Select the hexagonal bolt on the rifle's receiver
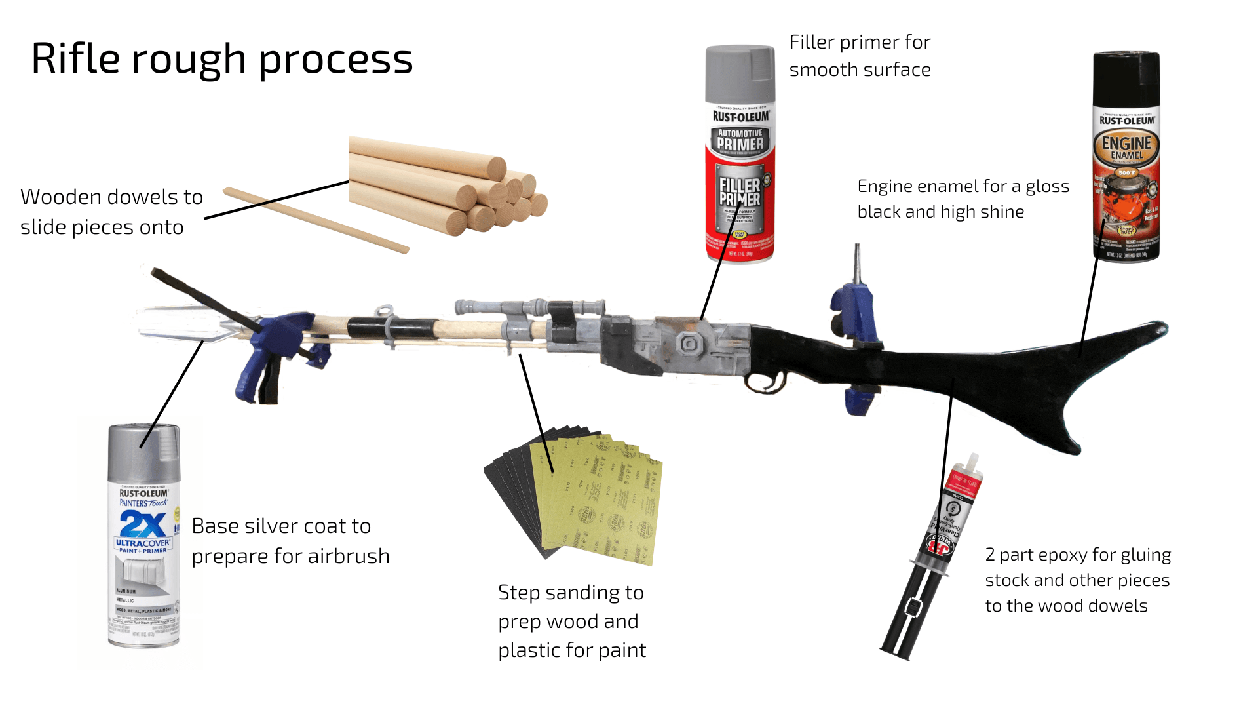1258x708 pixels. [689, 343]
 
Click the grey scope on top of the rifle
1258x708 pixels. [531, 307]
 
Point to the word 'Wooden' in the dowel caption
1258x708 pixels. [61, 197]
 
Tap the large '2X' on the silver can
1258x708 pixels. [143, 524]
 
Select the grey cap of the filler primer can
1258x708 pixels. [740, 72]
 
